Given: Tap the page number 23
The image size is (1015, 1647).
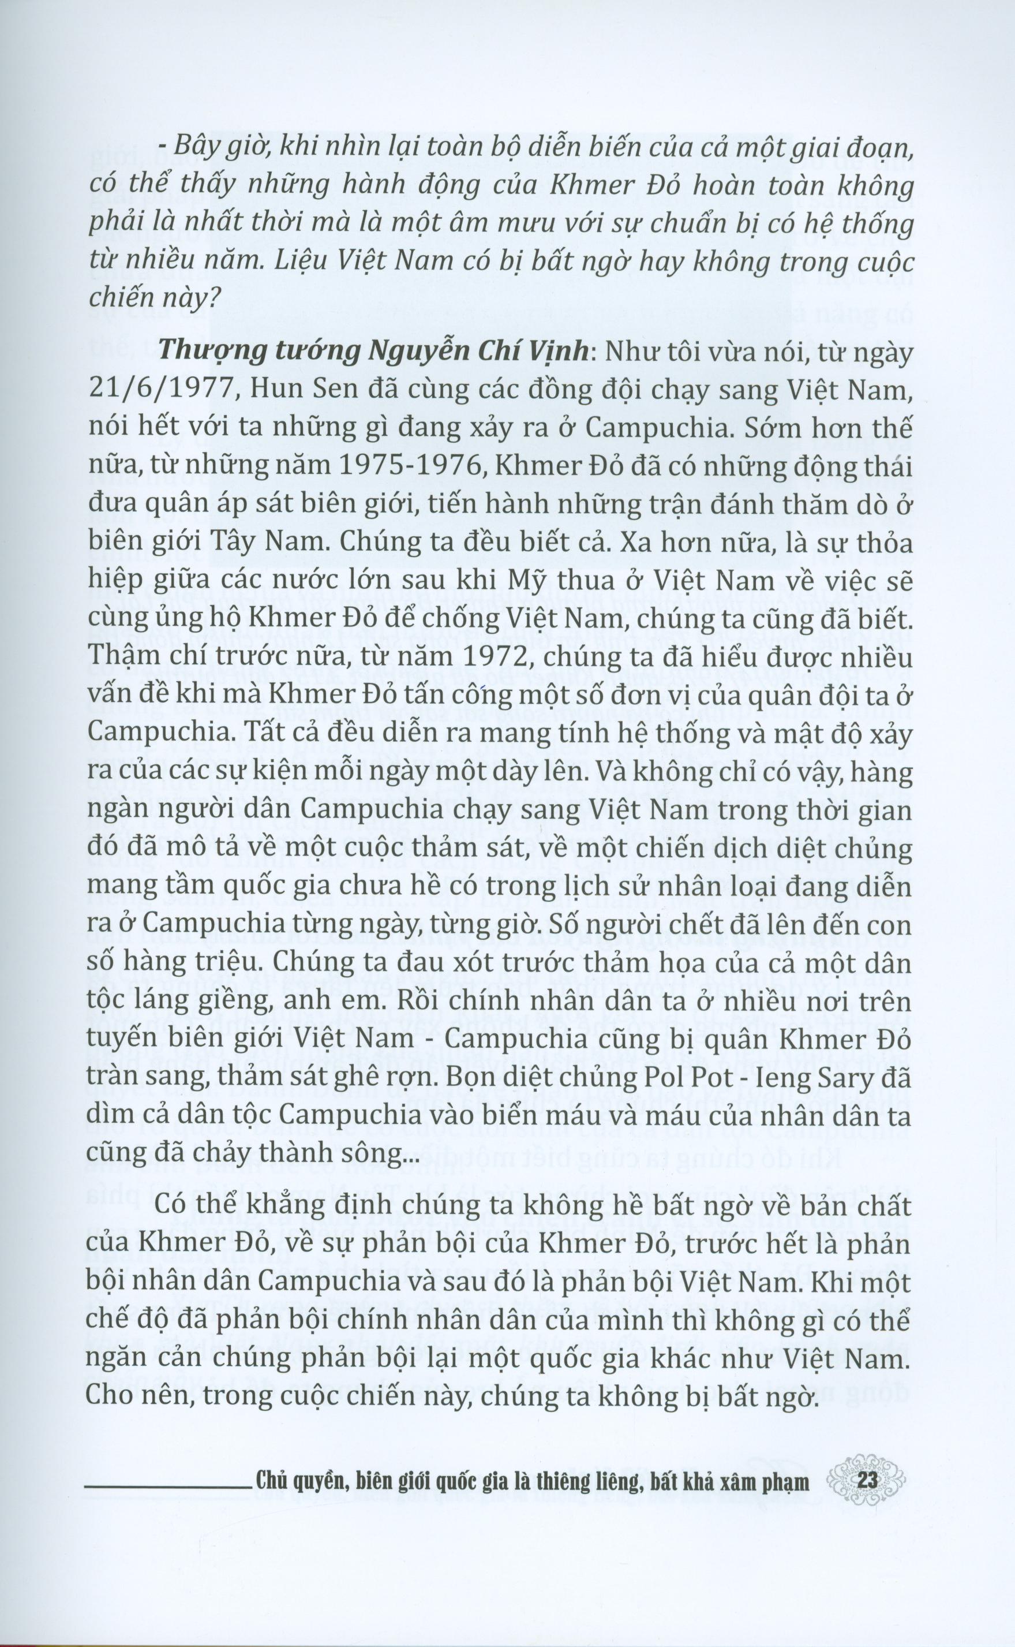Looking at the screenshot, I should coord(868,1495).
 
